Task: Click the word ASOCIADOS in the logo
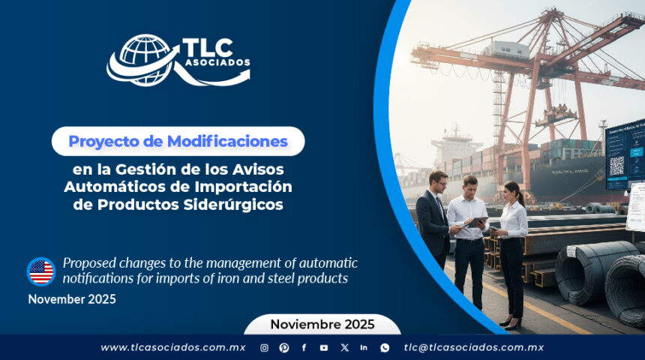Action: coord(216,63)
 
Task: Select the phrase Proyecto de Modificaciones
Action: coord(178,141)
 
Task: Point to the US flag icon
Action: coord(41,271)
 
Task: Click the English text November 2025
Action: coord(72,299)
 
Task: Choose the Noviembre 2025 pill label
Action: coord(322,324)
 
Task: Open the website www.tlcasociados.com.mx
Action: coord(173,347)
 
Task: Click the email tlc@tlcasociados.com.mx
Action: coord(473,347)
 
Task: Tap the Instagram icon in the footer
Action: coord(264,347)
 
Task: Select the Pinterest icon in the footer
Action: coord(284,347)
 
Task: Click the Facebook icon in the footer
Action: coord(304,347)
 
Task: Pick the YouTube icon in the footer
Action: coord(324,347)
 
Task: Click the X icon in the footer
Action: coord(344,347)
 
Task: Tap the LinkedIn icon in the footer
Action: coord(364,347)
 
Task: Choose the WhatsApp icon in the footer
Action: coord(385,347)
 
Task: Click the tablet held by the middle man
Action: coord(478,221)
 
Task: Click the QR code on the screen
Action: coord(616,166)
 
